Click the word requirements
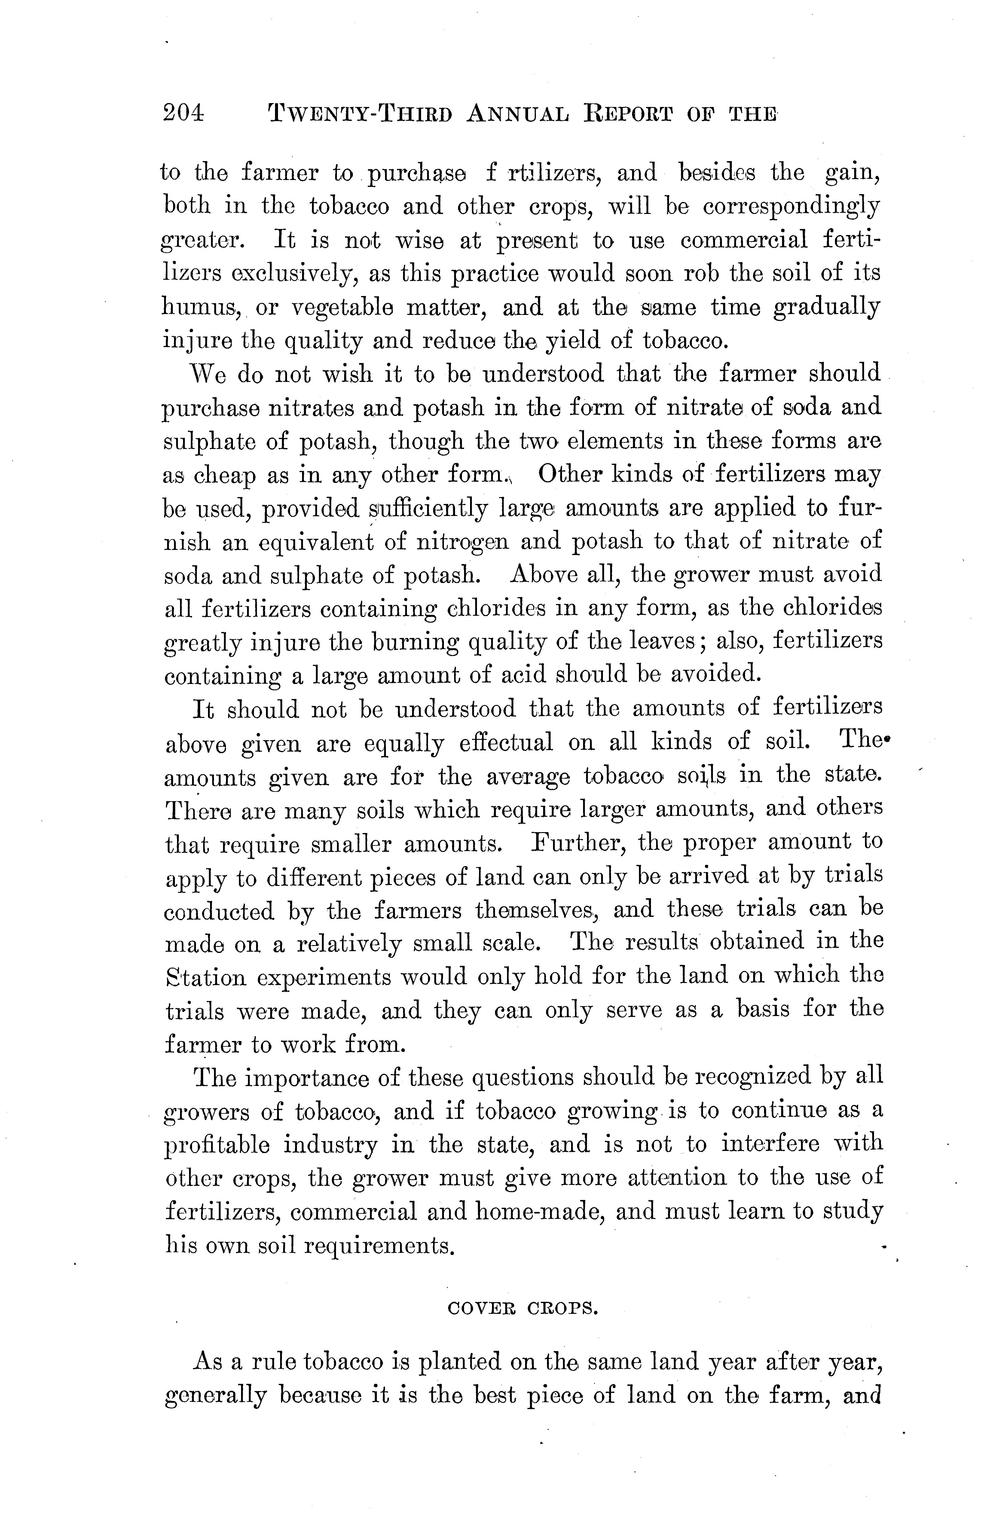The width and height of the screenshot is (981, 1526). (380, 1245)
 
